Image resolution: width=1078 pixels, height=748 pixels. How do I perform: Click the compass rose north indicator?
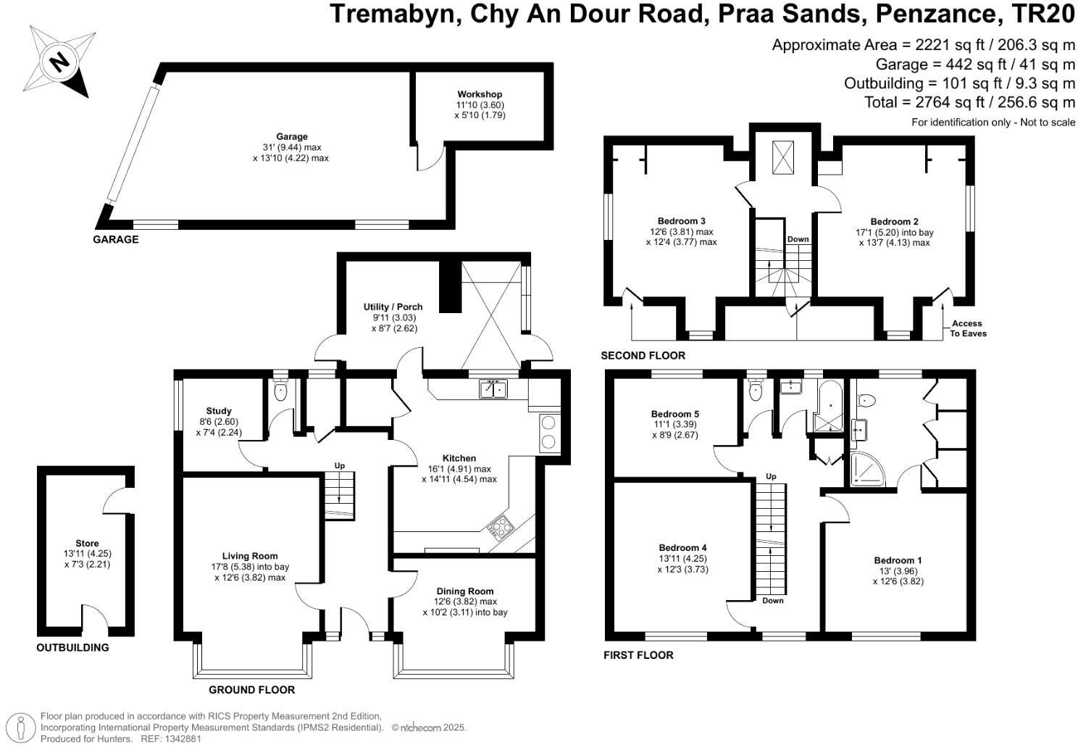pos(58,61)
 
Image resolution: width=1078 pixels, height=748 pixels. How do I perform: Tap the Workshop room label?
pos(479,94)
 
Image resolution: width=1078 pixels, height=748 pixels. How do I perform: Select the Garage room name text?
pos(291,136)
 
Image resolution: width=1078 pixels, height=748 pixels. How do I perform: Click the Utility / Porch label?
pos(393,307)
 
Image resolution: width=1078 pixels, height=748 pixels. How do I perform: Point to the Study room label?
pos(218,411)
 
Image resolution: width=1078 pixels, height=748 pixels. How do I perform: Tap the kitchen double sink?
pos(493,389)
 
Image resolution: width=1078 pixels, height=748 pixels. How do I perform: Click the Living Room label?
pos(250,556)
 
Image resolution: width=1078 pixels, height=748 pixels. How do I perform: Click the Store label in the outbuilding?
pos(87,543)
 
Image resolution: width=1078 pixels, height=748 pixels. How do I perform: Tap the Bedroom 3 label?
pos(681,221)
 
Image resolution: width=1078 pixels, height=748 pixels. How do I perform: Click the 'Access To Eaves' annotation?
pos(968,328)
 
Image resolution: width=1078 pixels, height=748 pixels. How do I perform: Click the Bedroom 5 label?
pos(674,414)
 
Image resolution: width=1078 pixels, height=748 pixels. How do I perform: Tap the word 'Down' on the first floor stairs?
pos(772,600)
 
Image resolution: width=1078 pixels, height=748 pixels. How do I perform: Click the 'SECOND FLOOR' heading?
pos(643,355)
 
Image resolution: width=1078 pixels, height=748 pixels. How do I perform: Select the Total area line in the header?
pos(969,102)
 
